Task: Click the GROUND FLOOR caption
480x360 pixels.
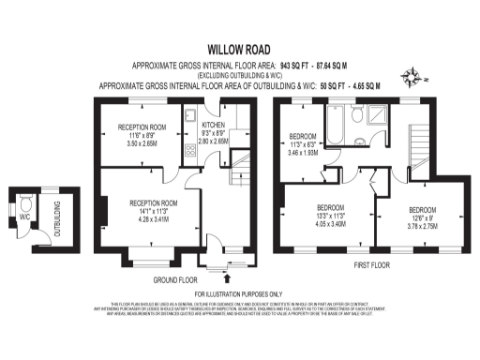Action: click(177, 279)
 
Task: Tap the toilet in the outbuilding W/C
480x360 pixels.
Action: click(25, 202)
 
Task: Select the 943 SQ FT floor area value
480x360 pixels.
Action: click(297, 67)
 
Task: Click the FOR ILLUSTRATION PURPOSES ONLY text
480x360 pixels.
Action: click(240, 294)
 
